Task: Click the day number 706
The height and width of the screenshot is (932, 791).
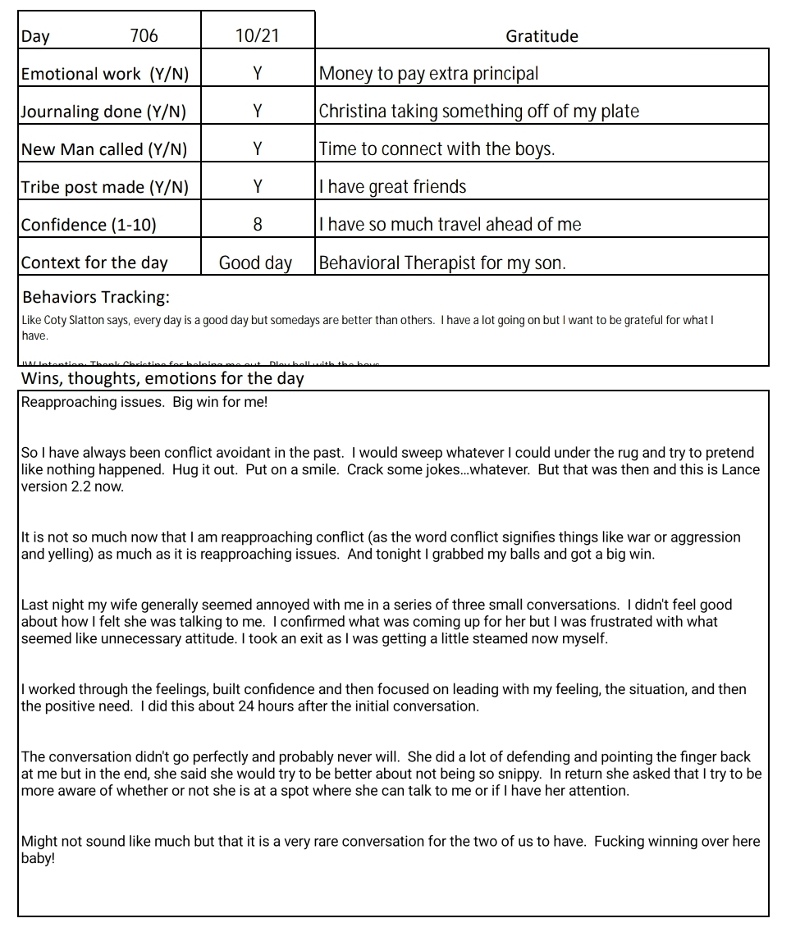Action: [x=144, y=36]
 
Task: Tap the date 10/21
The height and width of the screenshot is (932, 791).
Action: [x=258, y=36]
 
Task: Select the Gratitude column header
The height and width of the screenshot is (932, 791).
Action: [x=542, y=36]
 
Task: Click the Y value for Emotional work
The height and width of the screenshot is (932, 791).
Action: [x=258, y=74]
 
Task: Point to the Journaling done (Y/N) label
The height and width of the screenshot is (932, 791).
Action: [x=103, y=112]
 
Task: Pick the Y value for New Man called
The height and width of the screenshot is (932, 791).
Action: [x=258, y=149]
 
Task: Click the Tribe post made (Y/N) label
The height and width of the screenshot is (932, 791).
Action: [x=104, y=187]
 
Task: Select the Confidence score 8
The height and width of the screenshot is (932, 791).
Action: [x=258, y=225]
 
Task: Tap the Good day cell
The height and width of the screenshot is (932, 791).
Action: [x=255, y=263]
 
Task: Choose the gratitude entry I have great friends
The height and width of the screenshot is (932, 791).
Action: [x=392, y=187]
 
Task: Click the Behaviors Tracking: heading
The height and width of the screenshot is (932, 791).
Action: [x=96, y=297]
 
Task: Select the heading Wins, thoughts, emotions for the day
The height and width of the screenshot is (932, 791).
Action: [x=162, y=379]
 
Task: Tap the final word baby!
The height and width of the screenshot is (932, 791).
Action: [x=38, y=858]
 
